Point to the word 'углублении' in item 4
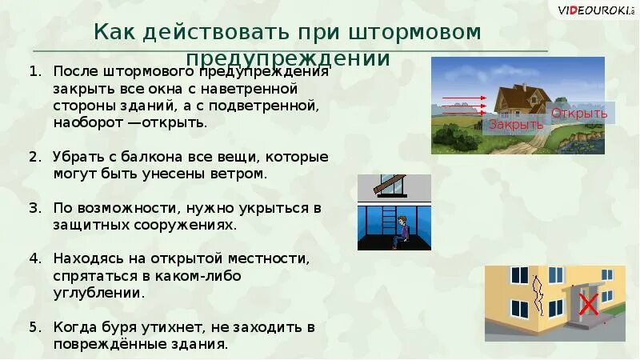tap(99, 293)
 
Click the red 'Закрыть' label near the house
tap(516, 124)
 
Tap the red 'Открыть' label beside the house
tap(579, 113)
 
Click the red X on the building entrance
tap(589, 304)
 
